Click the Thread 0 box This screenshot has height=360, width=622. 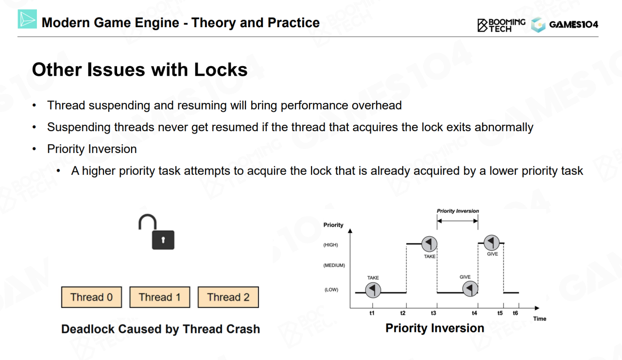coord(91,297)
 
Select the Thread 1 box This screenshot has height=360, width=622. coord(160,297)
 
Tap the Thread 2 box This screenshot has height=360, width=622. coord(228,297)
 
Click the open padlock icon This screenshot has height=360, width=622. coord(156,232)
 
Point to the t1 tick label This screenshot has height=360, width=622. coord(372,313)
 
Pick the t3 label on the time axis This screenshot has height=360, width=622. coord(433,313)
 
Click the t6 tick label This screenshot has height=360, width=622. coord(516,313)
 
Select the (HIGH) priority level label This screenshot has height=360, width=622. coord(330,245)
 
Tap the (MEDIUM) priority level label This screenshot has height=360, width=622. coord(334,265)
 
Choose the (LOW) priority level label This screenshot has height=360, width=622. coord(331,290)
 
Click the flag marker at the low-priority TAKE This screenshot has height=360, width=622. coord(373,290)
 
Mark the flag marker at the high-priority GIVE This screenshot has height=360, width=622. coord(491,242)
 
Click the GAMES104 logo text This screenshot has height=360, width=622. coord(573,24)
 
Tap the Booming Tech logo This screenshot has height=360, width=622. coord(501,25)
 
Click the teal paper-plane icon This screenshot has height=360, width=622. coord(27,19)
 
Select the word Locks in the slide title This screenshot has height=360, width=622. coord(221,69)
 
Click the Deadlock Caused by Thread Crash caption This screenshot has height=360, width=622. coord(160,329)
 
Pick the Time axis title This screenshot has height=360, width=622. coord(539,319)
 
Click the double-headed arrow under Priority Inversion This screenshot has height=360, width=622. coord(457,221)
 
